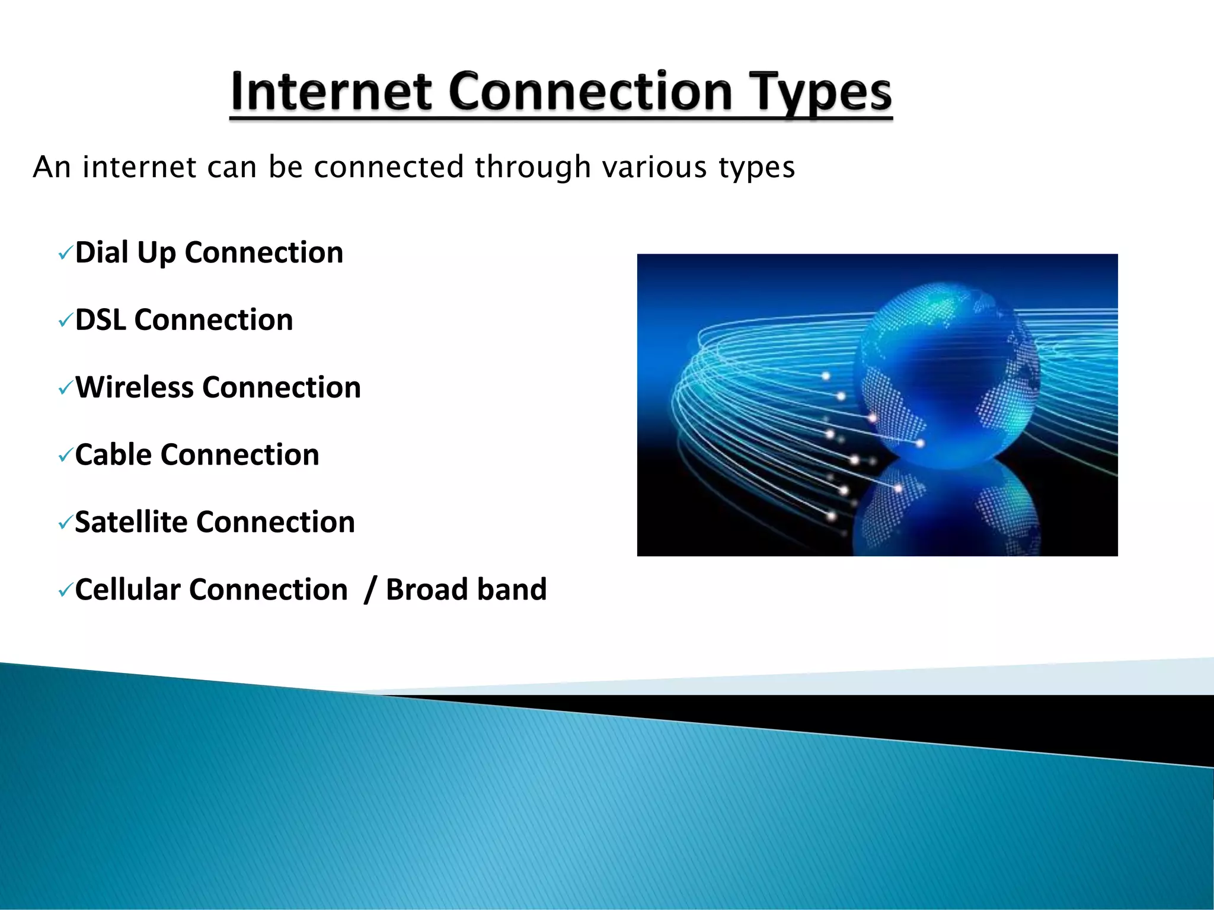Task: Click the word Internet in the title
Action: click(x=331, y=92)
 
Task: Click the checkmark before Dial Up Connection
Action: click(x=65, y=254)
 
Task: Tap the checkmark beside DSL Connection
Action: click(x=65, y=322)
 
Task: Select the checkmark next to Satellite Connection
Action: click(x=65, y=524)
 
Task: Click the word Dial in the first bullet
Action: click(x=101, y=252)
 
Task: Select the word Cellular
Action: click(x=127, y=590)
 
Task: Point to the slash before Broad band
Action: click(x=370, y=590)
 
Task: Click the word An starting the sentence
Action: click(x=52, y=167)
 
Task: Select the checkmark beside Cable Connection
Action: click(x=65, y=457)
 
